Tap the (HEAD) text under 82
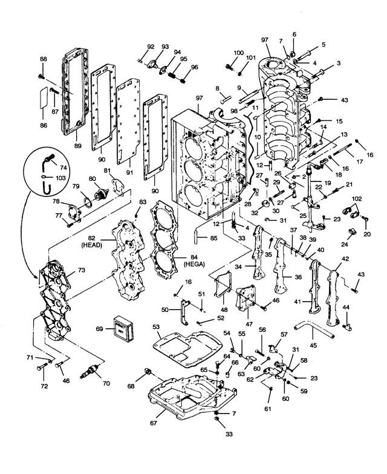coord(92,245)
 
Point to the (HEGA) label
coord(195,264)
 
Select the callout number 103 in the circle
coord(60,178)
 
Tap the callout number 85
coord(214,238)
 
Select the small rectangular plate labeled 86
coord(43,97)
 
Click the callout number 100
coord(238,53)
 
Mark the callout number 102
coord(357,198)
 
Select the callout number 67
coord(154,423)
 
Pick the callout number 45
coord(313,345)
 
